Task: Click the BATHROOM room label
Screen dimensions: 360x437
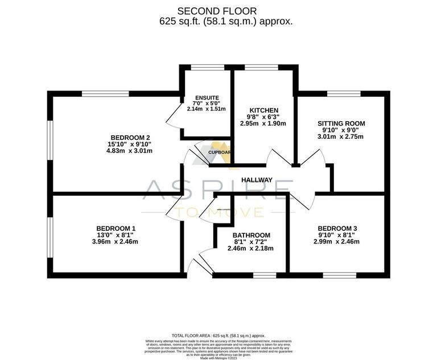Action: pyautogui.click(x=251, y=235)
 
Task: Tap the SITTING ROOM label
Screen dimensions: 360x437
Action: pyautogui.click(x=341, y=123)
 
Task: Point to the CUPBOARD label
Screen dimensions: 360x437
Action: pyautogui.click(x=219, y=152)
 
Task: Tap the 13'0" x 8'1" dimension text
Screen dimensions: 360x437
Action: pyautogui.click(x=116, y=235)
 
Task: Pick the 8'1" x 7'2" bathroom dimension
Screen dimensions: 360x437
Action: pyautogui.click(x=251, y=242)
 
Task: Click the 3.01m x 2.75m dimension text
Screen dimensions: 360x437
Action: pyautogui.click(x=341, y=136)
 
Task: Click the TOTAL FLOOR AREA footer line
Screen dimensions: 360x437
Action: pyautogui.click(x=218, y=336)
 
